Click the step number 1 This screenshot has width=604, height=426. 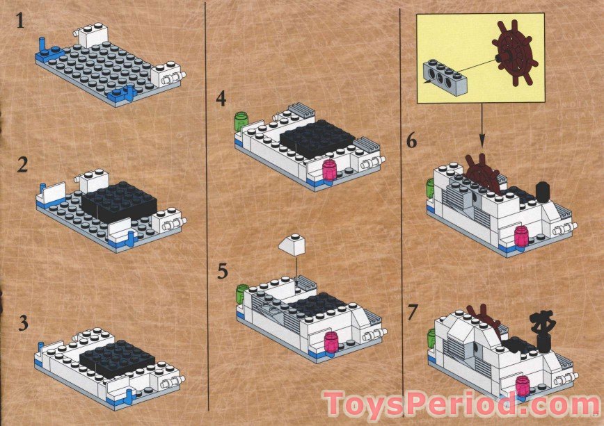(x=20, y=20)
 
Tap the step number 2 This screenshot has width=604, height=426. (x=23, y=165)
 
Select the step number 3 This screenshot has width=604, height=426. (x=24, y=322)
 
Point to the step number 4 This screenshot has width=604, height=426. (x=221, y=99)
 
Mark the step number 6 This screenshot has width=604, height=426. (x=412, y=141)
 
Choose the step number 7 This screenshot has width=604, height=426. (x=413, y=312)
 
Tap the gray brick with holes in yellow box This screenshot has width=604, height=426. (x=445, y=77)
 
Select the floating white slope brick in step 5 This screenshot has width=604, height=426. (x=294, y=245)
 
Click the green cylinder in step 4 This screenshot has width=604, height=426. (x=241, y=120)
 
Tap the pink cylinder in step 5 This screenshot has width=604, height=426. (x=331, y=342)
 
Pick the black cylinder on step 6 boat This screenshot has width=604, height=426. (x=542, y=192)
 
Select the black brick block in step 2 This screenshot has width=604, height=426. (x=120, y=202)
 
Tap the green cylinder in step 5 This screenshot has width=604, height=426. (x=242, y=293)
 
